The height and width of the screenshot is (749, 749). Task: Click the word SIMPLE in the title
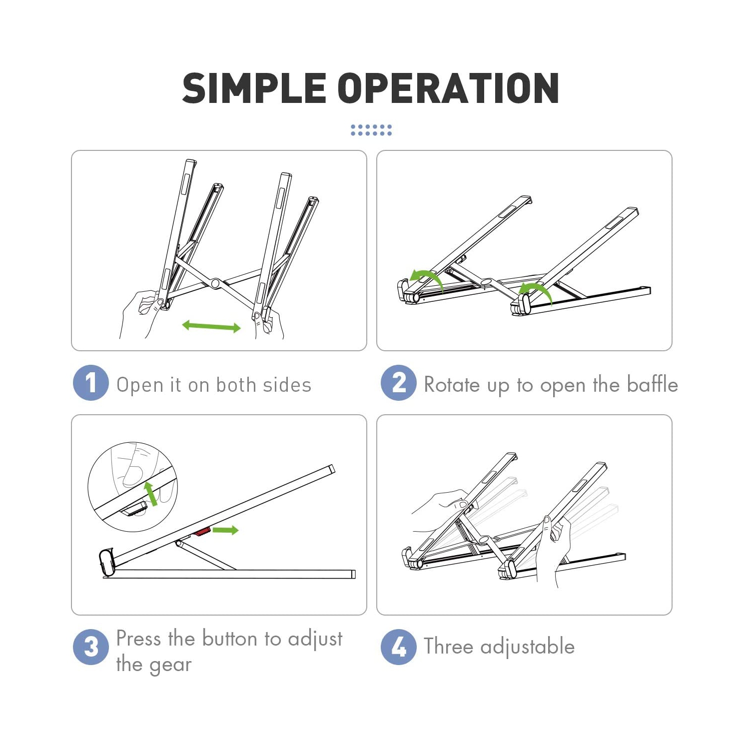(254, 88)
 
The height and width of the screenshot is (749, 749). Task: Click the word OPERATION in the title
(449, 88)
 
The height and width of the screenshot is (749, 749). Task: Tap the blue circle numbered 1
(90, 383)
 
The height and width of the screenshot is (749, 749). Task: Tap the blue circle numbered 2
(398, 383)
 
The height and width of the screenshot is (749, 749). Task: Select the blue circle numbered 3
(90, 647)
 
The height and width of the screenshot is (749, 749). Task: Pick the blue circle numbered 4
(398, 647)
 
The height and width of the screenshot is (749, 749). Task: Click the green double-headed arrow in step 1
(211, 327)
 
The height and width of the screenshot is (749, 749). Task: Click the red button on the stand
(201, 532)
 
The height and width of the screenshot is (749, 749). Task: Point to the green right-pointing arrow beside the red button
(226, 530)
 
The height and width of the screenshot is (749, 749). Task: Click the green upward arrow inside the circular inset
(150, 494)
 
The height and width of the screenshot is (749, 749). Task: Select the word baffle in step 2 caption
(652, 384)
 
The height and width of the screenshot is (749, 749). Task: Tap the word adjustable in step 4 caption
(527, 647)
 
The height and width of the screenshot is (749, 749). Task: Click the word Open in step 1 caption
(140, 386)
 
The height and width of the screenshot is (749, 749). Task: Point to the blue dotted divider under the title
(371, 130)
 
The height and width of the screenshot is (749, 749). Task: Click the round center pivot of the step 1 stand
(215, 283)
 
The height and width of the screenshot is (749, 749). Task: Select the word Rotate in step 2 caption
(452, 385)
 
